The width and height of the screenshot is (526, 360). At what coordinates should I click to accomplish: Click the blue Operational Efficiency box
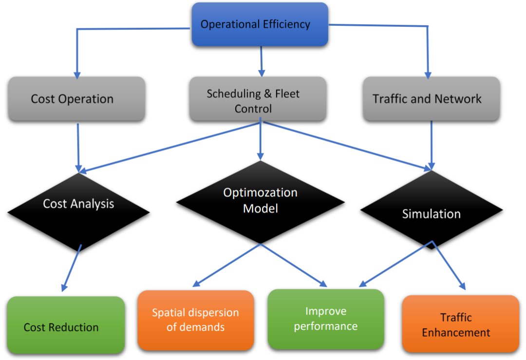click(x=260, y=24)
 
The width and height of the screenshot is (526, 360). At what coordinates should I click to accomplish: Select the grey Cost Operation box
click(x=76, y=99)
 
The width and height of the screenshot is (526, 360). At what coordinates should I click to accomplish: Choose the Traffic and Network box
click(x=431, y=99)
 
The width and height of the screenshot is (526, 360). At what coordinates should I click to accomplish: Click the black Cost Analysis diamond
click(x=78, y=209)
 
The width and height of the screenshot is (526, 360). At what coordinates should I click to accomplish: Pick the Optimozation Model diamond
click(x=261, y=202)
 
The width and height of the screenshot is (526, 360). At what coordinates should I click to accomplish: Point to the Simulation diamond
click(x=432, y=213)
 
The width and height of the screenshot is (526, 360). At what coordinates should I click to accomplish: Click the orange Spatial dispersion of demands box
click(x=195, y=321)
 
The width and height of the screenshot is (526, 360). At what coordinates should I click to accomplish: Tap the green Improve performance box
click(x=326, y=319)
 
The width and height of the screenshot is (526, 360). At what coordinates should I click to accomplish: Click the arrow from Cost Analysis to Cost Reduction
click(x=71, y=269)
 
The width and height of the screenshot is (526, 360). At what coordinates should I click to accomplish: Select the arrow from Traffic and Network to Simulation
click(x=431, y=144)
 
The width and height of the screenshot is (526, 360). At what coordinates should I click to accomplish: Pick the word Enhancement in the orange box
click(x=456, y=333)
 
